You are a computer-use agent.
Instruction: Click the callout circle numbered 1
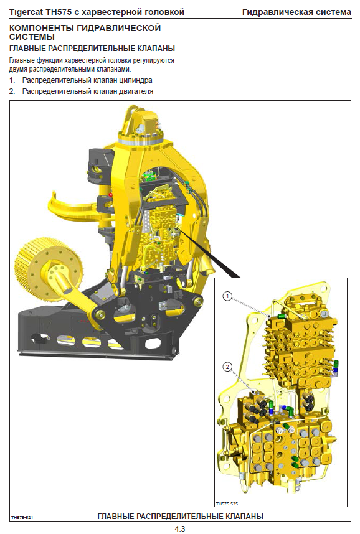[x=228, y=296]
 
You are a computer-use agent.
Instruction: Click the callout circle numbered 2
[x=227, y=367]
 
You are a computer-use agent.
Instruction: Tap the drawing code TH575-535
[x=227, y=504]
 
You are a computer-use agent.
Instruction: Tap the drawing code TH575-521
[x=22, y=518]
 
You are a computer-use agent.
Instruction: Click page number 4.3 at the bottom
[x=179, y=528]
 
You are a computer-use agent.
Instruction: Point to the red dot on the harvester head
[x=110, y=194]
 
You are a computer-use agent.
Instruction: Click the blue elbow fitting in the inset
[x=287, y=409]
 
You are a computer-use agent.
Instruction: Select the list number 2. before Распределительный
[x=12, y=91]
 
